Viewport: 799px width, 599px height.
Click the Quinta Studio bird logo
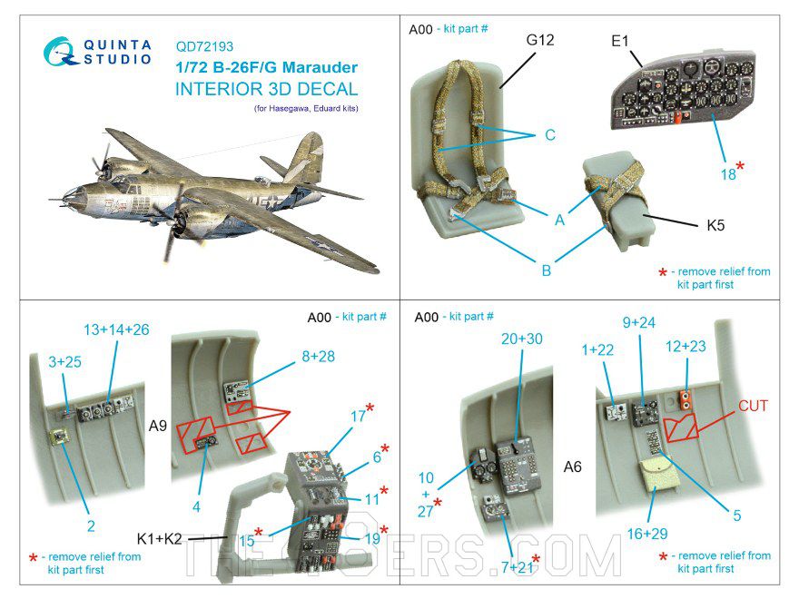[61, 51]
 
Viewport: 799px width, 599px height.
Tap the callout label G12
[539, 40]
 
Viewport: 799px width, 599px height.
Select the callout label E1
[621, 40]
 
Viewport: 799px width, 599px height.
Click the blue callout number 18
[728, 174]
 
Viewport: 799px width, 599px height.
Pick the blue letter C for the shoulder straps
[549, 136]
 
